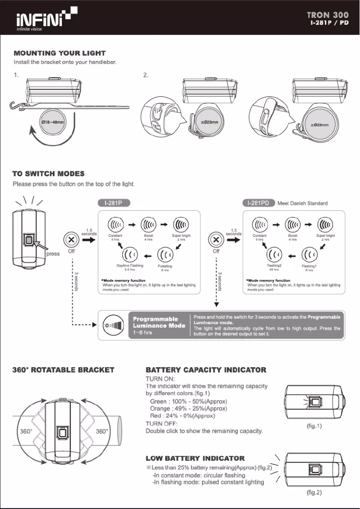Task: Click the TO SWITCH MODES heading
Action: click(x=49, y=174)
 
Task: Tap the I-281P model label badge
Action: click(x=114, y=203)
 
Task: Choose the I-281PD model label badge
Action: click(x=259, y=203)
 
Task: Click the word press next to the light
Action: click(x=53, y=254)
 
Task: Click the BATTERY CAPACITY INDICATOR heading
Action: click(x=206, y=370)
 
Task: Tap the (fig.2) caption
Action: click(x=314, y=493)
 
